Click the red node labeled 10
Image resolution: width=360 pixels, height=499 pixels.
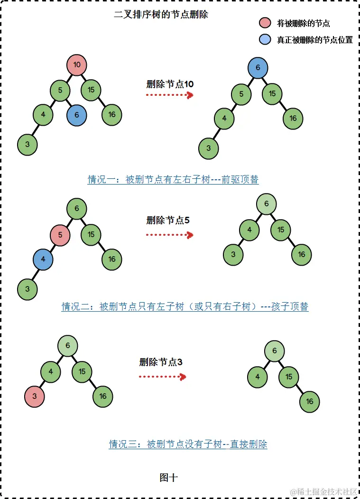point(77,65)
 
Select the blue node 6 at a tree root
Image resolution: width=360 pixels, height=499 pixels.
point(258,68)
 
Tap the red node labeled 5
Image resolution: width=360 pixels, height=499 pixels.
point(60,235)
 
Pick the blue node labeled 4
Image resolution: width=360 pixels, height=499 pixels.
point(43,259)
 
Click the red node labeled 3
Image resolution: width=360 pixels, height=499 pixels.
point(35,396)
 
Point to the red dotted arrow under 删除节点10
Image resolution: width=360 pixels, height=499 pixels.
point(169,95)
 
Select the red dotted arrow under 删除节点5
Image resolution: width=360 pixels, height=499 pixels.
point(169,234)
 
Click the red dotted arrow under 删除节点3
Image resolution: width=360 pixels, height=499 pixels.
point(162,377)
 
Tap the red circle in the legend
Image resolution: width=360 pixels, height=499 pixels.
point(265,23)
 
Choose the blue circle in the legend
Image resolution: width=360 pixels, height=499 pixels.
point(265,39)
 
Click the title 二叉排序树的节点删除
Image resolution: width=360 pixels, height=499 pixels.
point(161,15)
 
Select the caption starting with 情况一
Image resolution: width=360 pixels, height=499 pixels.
point(173,179)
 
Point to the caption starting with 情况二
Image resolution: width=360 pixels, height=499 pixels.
point(185,306)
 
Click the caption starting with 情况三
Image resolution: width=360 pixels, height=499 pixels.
point(188,444)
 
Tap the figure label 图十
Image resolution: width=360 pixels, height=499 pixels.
point(169,477)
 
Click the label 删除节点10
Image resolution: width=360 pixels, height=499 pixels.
point(170,84)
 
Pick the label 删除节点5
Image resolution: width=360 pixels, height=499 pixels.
point(168,220)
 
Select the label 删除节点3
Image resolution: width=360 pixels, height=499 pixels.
point(161,362)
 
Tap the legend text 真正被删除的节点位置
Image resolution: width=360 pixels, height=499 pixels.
point(315,40)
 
